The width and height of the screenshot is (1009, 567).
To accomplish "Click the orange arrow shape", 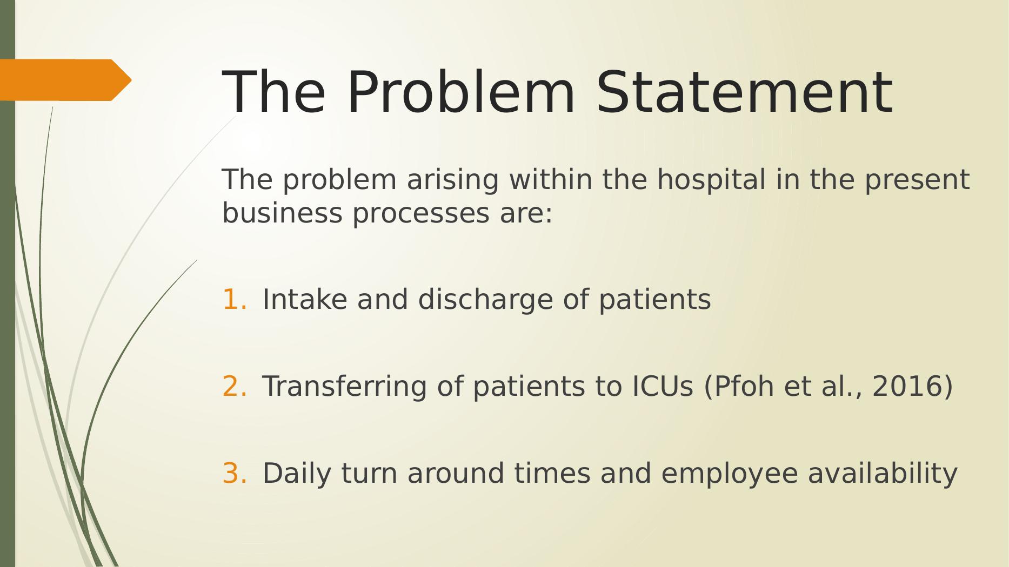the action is pos(65,80).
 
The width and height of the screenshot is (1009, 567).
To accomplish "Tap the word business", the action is pos(282,213).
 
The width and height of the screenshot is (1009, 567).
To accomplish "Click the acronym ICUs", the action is pos(662,386).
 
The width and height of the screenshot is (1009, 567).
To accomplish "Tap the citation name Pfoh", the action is pos(738,386).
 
